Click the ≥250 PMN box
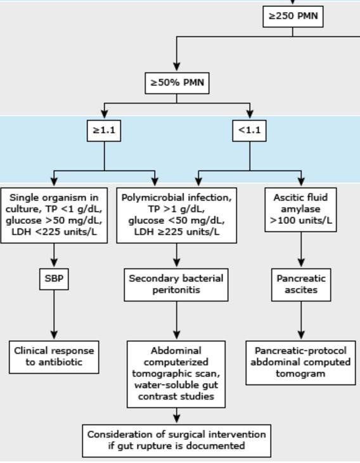coord(293,16)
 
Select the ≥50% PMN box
coord(176,82)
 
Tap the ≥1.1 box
coord(104,131)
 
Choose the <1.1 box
coord(249,131)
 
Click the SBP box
coord(54,278)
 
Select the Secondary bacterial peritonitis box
coord(176,284)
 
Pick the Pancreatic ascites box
coord(301,284)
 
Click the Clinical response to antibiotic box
coord(54,356)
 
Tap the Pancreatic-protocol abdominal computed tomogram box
coord(300,362)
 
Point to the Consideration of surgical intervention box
coord(176,440)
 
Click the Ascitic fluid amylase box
coord(300,209)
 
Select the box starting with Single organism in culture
coord(54,215)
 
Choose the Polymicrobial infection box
coord(176,215)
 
